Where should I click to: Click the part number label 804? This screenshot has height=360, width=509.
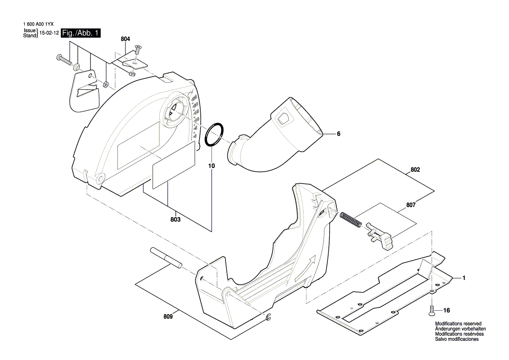[x=125, y=39]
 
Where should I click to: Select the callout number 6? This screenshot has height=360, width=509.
[x=338, y=134]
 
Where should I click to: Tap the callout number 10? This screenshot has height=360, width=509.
[x=211, y=166]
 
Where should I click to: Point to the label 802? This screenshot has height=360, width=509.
[x=415, y=170]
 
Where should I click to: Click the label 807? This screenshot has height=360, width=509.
[x=411, y=205]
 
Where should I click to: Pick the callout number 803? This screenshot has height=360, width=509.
[x=175, y=220]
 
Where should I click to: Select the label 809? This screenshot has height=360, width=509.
[x=169, y=317]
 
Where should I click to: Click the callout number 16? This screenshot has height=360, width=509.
[x=446, y=311]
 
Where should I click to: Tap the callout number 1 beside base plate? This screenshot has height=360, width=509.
[x=464, y=278]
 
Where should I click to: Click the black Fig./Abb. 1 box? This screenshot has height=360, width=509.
[x=81, y=33]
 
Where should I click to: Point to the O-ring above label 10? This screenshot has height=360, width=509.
[x=215, y=133]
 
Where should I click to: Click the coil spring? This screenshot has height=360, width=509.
[x=350, y=219]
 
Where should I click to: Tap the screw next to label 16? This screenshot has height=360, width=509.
[x=432, y=310]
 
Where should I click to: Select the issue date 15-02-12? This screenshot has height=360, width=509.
[x=49, y=33]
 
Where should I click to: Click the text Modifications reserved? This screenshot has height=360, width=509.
[x=458, y=323]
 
